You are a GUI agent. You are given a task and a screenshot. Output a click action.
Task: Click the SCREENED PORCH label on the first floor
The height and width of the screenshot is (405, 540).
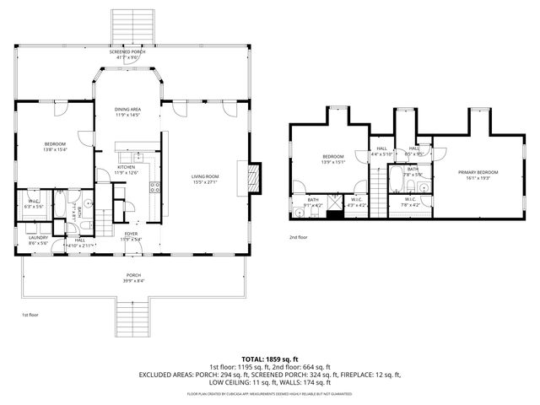[127, 51]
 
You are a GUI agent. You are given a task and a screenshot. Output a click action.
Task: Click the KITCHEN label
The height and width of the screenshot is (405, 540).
[126, 167]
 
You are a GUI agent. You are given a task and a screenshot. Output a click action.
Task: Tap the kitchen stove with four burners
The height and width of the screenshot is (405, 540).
[154, 187]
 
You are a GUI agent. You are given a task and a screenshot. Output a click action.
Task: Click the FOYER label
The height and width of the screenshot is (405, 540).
[131, 234]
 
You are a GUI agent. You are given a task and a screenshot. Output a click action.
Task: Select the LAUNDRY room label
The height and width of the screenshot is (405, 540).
[38, 237]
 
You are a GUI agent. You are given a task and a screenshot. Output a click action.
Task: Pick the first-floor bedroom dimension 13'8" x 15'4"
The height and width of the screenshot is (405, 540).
[55, 149]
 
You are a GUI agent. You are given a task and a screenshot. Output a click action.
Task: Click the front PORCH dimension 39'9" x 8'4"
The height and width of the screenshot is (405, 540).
[134, 280]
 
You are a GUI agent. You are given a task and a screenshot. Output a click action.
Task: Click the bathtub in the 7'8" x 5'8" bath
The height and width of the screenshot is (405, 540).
[397, 181]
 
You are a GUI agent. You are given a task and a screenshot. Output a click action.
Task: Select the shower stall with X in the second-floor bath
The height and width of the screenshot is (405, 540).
[334, 202]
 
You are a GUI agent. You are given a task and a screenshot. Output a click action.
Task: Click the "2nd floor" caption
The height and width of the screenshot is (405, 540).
[299, 237]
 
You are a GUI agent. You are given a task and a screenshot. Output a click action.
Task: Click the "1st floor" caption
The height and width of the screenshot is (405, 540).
[30, 314]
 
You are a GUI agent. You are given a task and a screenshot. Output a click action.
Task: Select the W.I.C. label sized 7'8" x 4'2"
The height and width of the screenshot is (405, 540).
[409, 202]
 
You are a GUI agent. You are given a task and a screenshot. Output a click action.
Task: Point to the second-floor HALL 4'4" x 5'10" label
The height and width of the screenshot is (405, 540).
[381, 151]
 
